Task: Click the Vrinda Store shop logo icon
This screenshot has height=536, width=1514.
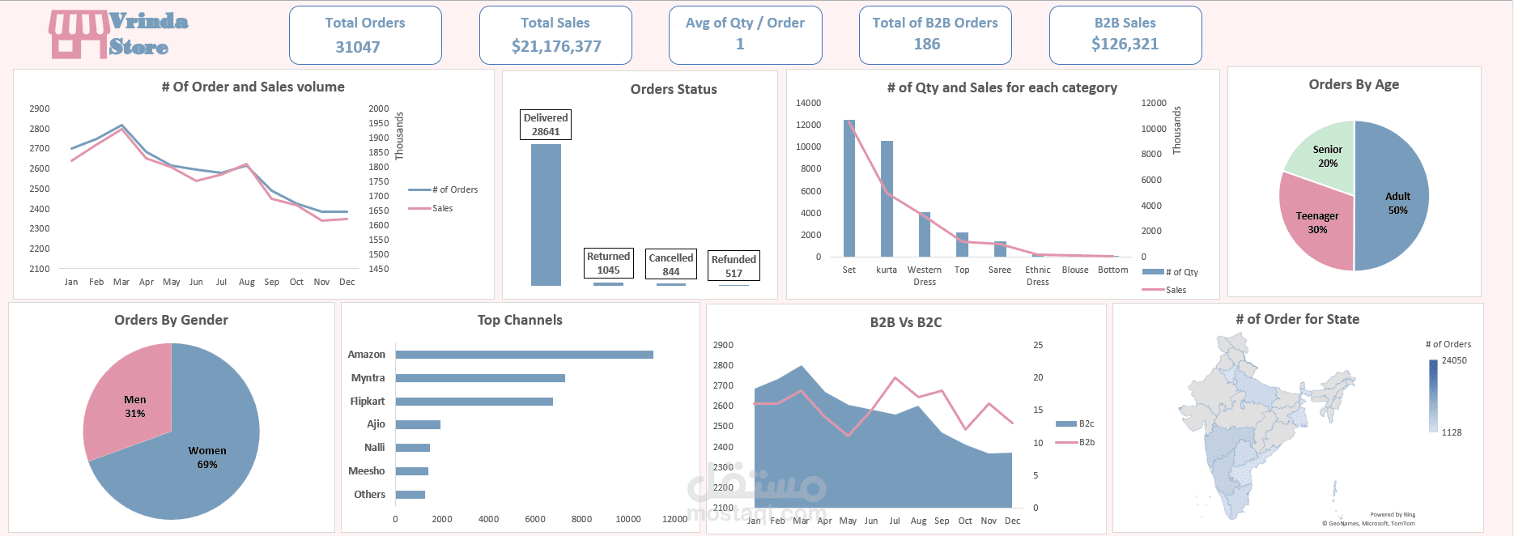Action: pos(79,34)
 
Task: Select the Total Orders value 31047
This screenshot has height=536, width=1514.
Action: pos(358,47)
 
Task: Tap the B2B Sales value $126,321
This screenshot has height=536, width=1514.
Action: pos(1125,45)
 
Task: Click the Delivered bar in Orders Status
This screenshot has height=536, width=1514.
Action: pos(546,215)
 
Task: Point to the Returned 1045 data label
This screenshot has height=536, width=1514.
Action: pos(608,263)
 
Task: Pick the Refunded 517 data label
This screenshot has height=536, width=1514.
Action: pos(734,266)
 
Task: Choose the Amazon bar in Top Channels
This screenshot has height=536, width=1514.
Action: pos(524,355)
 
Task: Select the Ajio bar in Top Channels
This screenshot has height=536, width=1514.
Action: pos(418,424)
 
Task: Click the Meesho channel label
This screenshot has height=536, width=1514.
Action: pos(366,471)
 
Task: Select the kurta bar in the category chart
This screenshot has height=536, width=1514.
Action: pos(887,198)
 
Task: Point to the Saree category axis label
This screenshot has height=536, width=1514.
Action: pos(999,270)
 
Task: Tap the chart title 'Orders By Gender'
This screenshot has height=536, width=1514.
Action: pos(171,320)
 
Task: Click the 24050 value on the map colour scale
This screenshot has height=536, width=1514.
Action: pos(1453,360)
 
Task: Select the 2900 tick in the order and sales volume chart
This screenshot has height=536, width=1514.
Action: pos(39,108)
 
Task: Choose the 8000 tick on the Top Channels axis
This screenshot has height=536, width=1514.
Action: pos(581,519)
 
